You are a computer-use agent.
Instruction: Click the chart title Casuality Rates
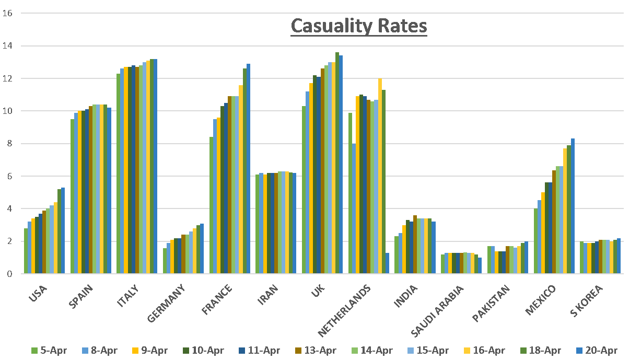[x=358, y=26]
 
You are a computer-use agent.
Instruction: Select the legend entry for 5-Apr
[x=49, y=351]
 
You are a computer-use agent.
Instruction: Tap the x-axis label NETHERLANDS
[x=345, y=310]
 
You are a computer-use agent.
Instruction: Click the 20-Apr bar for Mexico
[x=573, y=206]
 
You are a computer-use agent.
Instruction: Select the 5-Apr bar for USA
[x=26, y=251]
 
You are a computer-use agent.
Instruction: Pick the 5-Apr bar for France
[x=211, y=205]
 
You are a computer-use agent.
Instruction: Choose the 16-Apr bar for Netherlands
[x=380, y=176]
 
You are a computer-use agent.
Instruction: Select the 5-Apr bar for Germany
[x=165, y=260]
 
